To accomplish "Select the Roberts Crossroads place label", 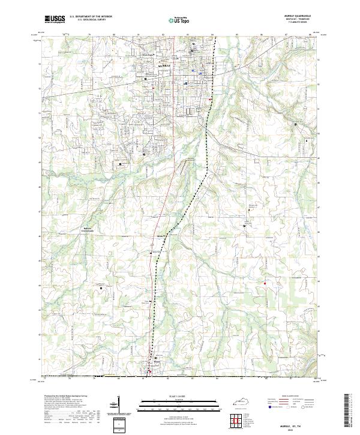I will (89, 229).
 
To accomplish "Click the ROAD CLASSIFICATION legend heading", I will (300, 397).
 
